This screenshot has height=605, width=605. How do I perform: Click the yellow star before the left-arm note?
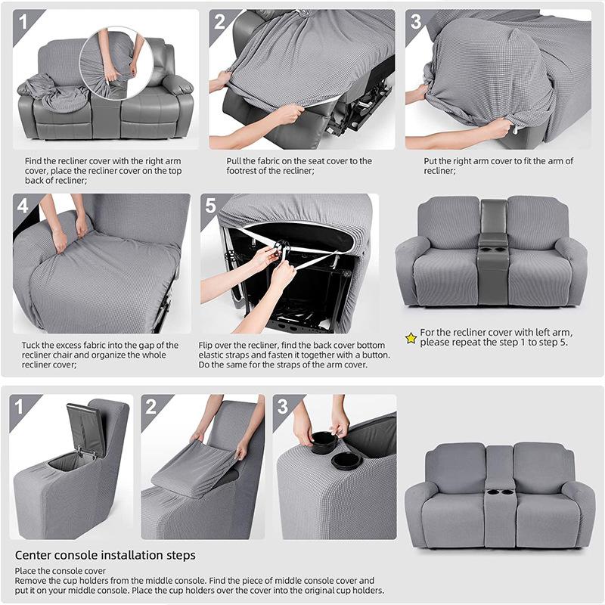(411, 338)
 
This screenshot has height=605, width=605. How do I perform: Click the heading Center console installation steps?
(105, 556)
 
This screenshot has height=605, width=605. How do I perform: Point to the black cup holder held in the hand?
(324, 442)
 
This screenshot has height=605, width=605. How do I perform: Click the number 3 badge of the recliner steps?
(416, 20)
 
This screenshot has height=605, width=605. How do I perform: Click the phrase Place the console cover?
(60, 571)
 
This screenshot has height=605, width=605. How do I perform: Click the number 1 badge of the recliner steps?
(23, 20)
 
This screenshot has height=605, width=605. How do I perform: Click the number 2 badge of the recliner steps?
(219, 20)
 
